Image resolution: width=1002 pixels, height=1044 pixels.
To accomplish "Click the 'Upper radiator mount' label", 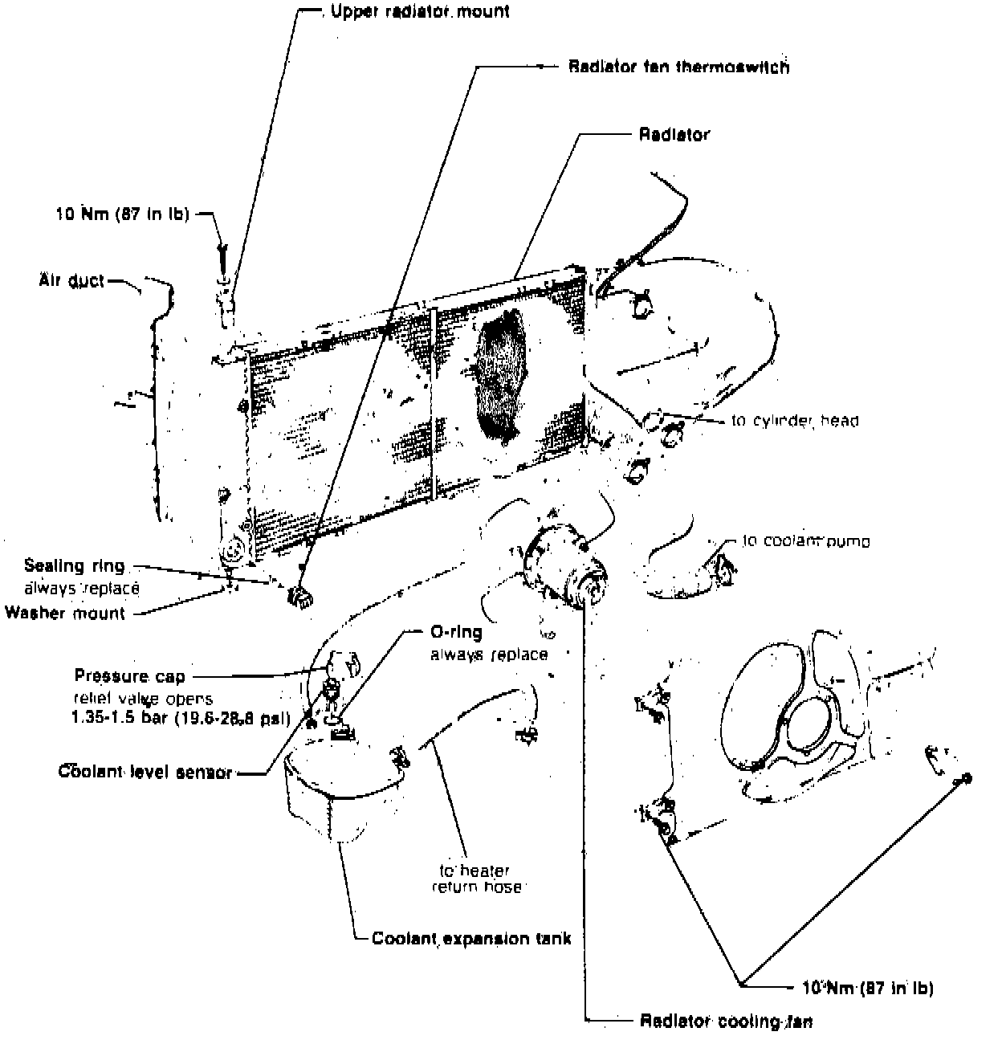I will [x=420, y=13].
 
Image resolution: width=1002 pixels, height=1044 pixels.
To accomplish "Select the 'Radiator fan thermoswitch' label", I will [x=678, y=67].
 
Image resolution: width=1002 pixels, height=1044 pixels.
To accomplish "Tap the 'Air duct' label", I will [x=71, y=281].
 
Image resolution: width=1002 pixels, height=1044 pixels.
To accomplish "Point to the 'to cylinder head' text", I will [x=795, y=420].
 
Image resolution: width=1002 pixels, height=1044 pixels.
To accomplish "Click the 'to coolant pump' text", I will [x=805, y=541].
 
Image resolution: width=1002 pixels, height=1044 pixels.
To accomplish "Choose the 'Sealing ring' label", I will [x=75, y=565].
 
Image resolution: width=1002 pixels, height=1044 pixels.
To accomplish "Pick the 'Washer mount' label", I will [x=65, y=614].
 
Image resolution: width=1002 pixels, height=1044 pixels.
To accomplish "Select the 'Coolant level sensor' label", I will [x=145, y=773].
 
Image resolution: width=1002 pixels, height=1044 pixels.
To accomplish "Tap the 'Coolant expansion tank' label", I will [x=471, y=938].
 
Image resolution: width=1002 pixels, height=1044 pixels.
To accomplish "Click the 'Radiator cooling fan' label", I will [x=726, y=1022].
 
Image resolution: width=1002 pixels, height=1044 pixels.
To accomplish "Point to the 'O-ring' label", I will [x=451, y=633].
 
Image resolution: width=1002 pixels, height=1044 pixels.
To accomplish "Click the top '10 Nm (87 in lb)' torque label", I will [x=123, y=214].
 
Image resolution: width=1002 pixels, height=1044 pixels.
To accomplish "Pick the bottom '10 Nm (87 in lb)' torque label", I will [x=868, y=988].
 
